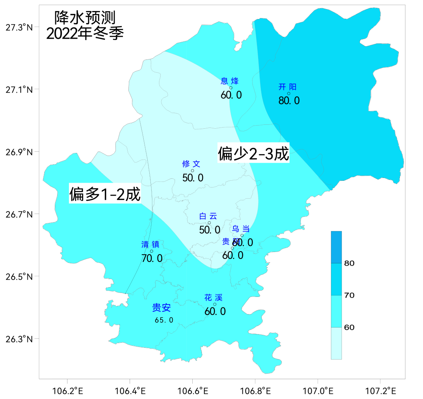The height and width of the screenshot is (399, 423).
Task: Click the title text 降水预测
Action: click(x=85, y=18)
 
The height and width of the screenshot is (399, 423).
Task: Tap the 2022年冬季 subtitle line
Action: click(x=85, y=34)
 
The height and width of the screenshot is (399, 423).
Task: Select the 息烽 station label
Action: click(x=230, y=81)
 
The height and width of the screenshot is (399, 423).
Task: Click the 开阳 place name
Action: click(x=287, y=87)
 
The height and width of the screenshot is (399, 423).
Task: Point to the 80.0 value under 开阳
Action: click(x=289, y=101)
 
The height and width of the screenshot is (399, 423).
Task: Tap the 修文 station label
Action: click(x=191, y=164)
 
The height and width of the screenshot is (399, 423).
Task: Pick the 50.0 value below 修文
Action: click(x=193, y=178)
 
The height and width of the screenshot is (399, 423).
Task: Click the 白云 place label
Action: click(x=208, y=216)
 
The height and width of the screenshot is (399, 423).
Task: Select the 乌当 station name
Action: click(x=241, y=229)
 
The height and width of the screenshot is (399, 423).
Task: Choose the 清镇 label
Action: click(x=150, y=244)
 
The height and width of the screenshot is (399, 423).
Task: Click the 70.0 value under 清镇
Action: click(x=152, y=258)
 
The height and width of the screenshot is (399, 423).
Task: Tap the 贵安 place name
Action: click(x=161, y=308)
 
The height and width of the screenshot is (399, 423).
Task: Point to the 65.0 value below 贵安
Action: click(x=164, y=320)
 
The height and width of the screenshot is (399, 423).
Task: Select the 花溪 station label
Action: click(x=213, y=298)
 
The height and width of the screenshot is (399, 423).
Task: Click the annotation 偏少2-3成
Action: click(x=253, y=153)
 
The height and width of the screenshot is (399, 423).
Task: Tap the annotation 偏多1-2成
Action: click(x=105, y=194)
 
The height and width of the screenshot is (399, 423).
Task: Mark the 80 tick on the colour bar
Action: click(x=349, y=263)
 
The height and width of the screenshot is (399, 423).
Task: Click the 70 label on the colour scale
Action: click(x=349, y=295)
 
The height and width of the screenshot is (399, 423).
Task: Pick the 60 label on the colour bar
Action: click(x=349, y=327)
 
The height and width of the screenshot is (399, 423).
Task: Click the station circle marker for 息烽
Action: click(x=231, y=88)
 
